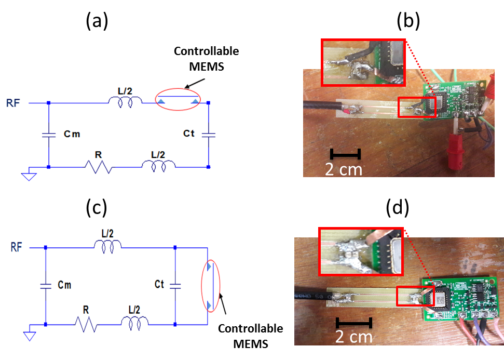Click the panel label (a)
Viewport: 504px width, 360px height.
coord(97,21)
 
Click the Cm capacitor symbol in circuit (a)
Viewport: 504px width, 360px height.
coord(48,135)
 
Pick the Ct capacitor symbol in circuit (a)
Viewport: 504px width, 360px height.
coord(208,135)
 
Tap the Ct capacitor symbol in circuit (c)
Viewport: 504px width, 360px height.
coord(175,285)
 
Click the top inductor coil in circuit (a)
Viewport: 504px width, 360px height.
coord(125,102)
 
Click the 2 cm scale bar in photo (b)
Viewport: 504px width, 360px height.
coord(345,155)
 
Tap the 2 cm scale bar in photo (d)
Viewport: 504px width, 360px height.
coord(353,323)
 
